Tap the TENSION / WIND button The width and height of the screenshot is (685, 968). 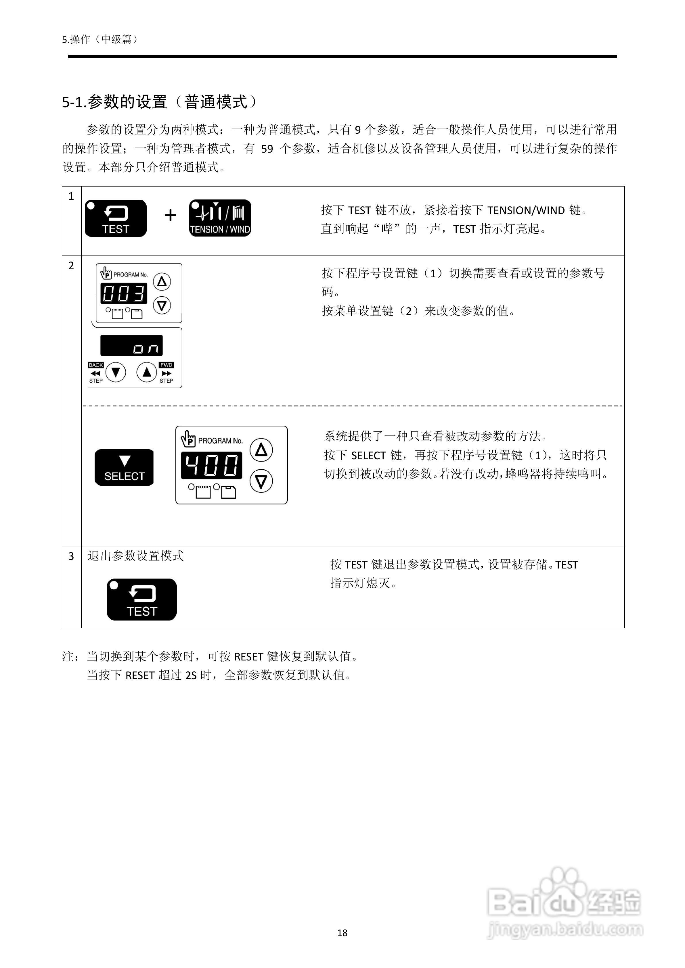[220, 218]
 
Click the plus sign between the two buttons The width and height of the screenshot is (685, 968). [170, 216]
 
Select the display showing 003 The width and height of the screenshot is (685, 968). [124, 293]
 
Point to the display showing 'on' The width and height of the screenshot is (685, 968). [131, 346]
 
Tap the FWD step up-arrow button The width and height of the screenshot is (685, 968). [147, 372]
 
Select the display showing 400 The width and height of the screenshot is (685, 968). [212, 465]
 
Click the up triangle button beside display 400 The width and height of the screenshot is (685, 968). [261, 450]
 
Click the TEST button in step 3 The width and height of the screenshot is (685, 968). [142, 599]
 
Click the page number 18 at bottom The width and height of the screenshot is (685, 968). [342, 933]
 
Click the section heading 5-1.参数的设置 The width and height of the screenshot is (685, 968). [159, 102]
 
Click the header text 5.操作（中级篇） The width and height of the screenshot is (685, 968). [100, 39]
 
